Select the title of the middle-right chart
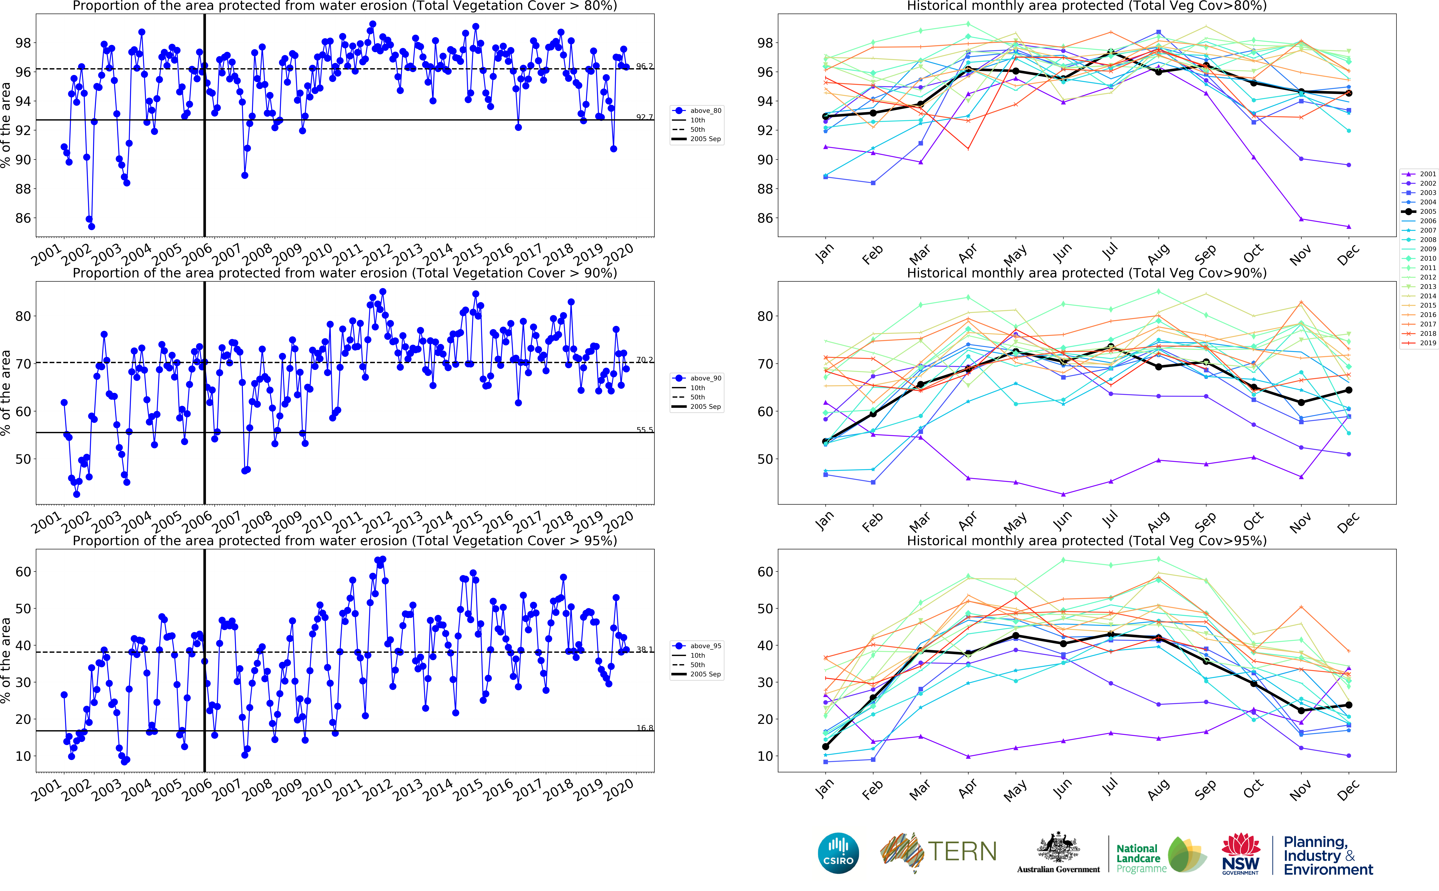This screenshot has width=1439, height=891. [1087, 273]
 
